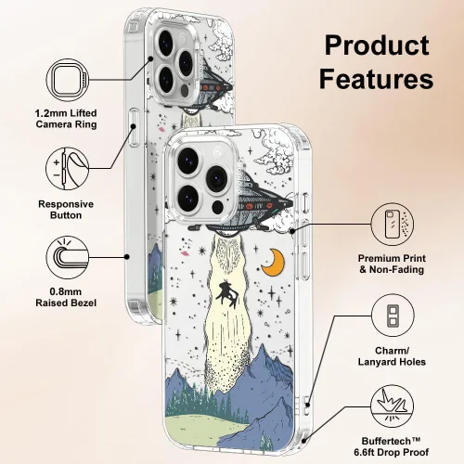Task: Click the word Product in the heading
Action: coord(377,45)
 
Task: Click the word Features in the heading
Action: coord(376,79)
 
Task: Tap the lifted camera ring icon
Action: coord(68,80)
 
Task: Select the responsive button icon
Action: coord(68,169)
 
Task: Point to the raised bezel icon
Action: coord(68,257)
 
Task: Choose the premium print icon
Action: coord(393,225)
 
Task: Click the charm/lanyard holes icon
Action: coord(393,316)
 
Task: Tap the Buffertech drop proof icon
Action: coord(393,406)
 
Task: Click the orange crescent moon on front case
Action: coord(274,263)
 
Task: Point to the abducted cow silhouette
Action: coord(226,293)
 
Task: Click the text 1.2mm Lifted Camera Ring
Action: coord(66,119)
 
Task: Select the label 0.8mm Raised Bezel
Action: coord(66,297)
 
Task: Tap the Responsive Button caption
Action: coord(66,210)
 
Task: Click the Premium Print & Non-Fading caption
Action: coord(392,264)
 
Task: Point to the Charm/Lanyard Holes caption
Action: coord(392,356)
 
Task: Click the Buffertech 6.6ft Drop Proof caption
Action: coord(392,446)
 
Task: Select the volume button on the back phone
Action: coord(134,127)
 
